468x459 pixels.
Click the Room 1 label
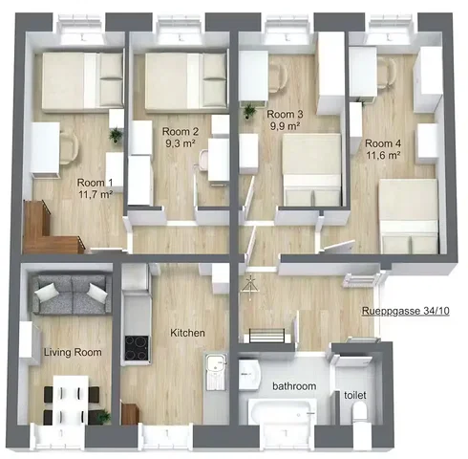point(95,183)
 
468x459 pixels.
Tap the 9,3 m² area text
point(181,143)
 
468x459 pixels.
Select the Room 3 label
point(285,114)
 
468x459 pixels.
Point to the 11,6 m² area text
point(383,156)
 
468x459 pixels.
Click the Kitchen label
point(187,333)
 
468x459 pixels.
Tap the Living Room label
point(73,352)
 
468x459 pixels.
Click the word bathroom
point(294,386)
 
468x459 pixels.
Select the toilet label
point(355,395)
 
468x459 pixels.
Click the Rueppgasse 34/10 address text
point(406,311)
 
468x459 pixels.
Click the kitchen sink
point(216,371)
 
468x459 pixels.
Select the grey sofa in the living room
point(73,295)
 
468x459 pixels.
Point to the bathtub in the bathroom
point(282,411)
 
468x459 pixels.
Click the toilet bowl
point(360,413)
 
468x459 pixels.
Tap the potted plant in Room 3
point(249,111)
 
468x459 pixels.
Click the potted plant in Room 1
point(117,136)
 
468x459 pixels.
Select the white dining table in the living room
point(71,400)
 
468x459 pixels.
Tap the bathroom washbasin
point(249,376)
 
